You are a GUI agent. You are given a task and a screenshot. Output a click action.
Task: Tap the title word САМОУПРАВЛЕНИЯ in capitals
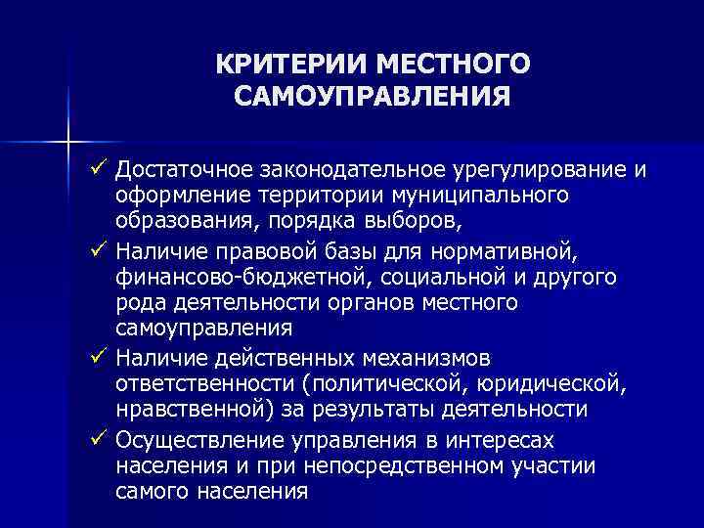[x=372, y=98]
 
